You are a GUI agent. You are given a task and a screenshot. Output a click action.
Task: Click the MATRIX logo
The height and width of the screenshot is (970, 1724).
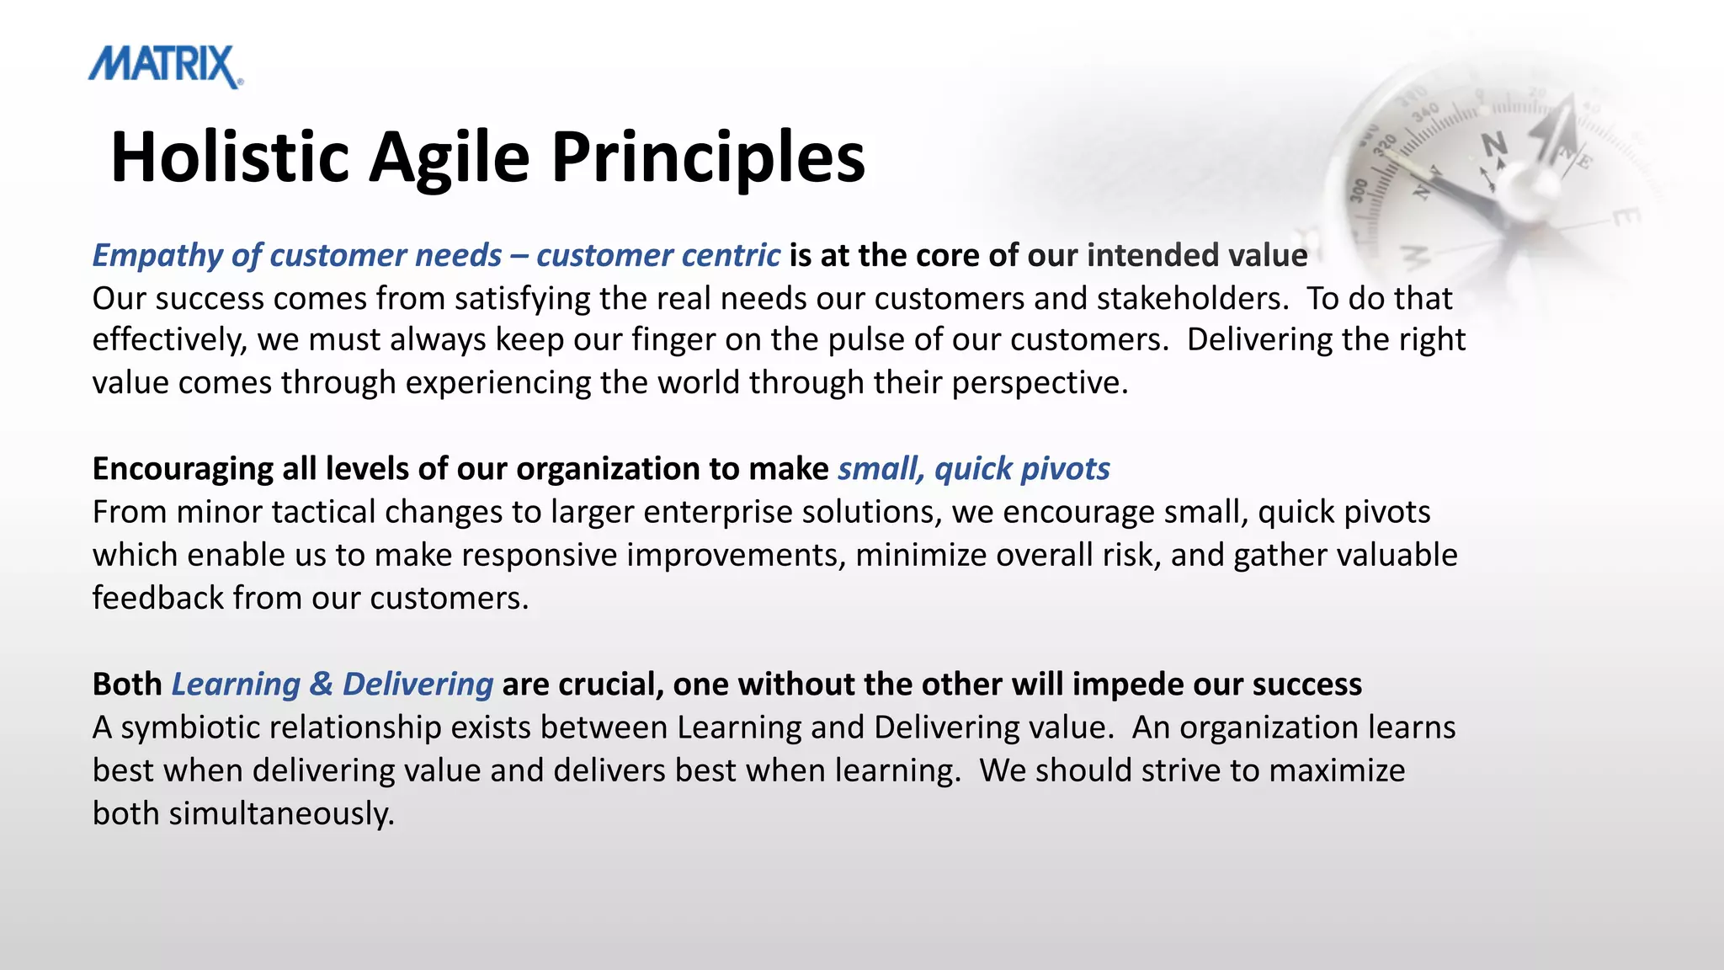(166, 67)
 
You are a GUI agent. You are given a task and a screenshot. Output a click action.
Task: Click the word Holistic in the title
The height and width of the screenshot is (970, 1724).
(229, 157)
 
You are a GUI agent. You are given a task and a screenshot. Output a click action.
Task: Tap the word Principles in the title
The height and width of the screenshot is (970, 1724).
(707, 157)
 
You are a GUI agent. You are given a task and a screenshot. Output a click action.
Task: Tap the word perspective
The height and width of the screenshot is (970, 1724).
(1039, 383)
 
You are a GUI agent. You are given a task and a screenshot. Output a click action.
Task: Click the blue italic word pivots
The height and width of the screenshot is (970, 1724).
(1064, 469)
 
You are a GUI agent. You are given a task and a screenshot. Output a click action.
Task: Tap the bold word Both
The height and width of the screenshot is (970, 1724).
(127, 685)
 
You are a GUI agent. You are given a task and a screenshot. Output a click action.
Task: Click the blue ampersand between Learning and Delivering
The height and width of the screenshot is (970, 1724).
(321, 685)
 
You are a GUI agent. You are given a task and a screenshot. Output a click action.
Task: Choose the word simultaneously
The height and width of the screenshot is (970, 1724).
(281, 813)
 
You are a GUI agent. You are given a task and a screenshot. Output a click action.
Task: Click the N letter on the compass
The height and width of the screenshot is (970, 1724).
(1494, 145)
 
